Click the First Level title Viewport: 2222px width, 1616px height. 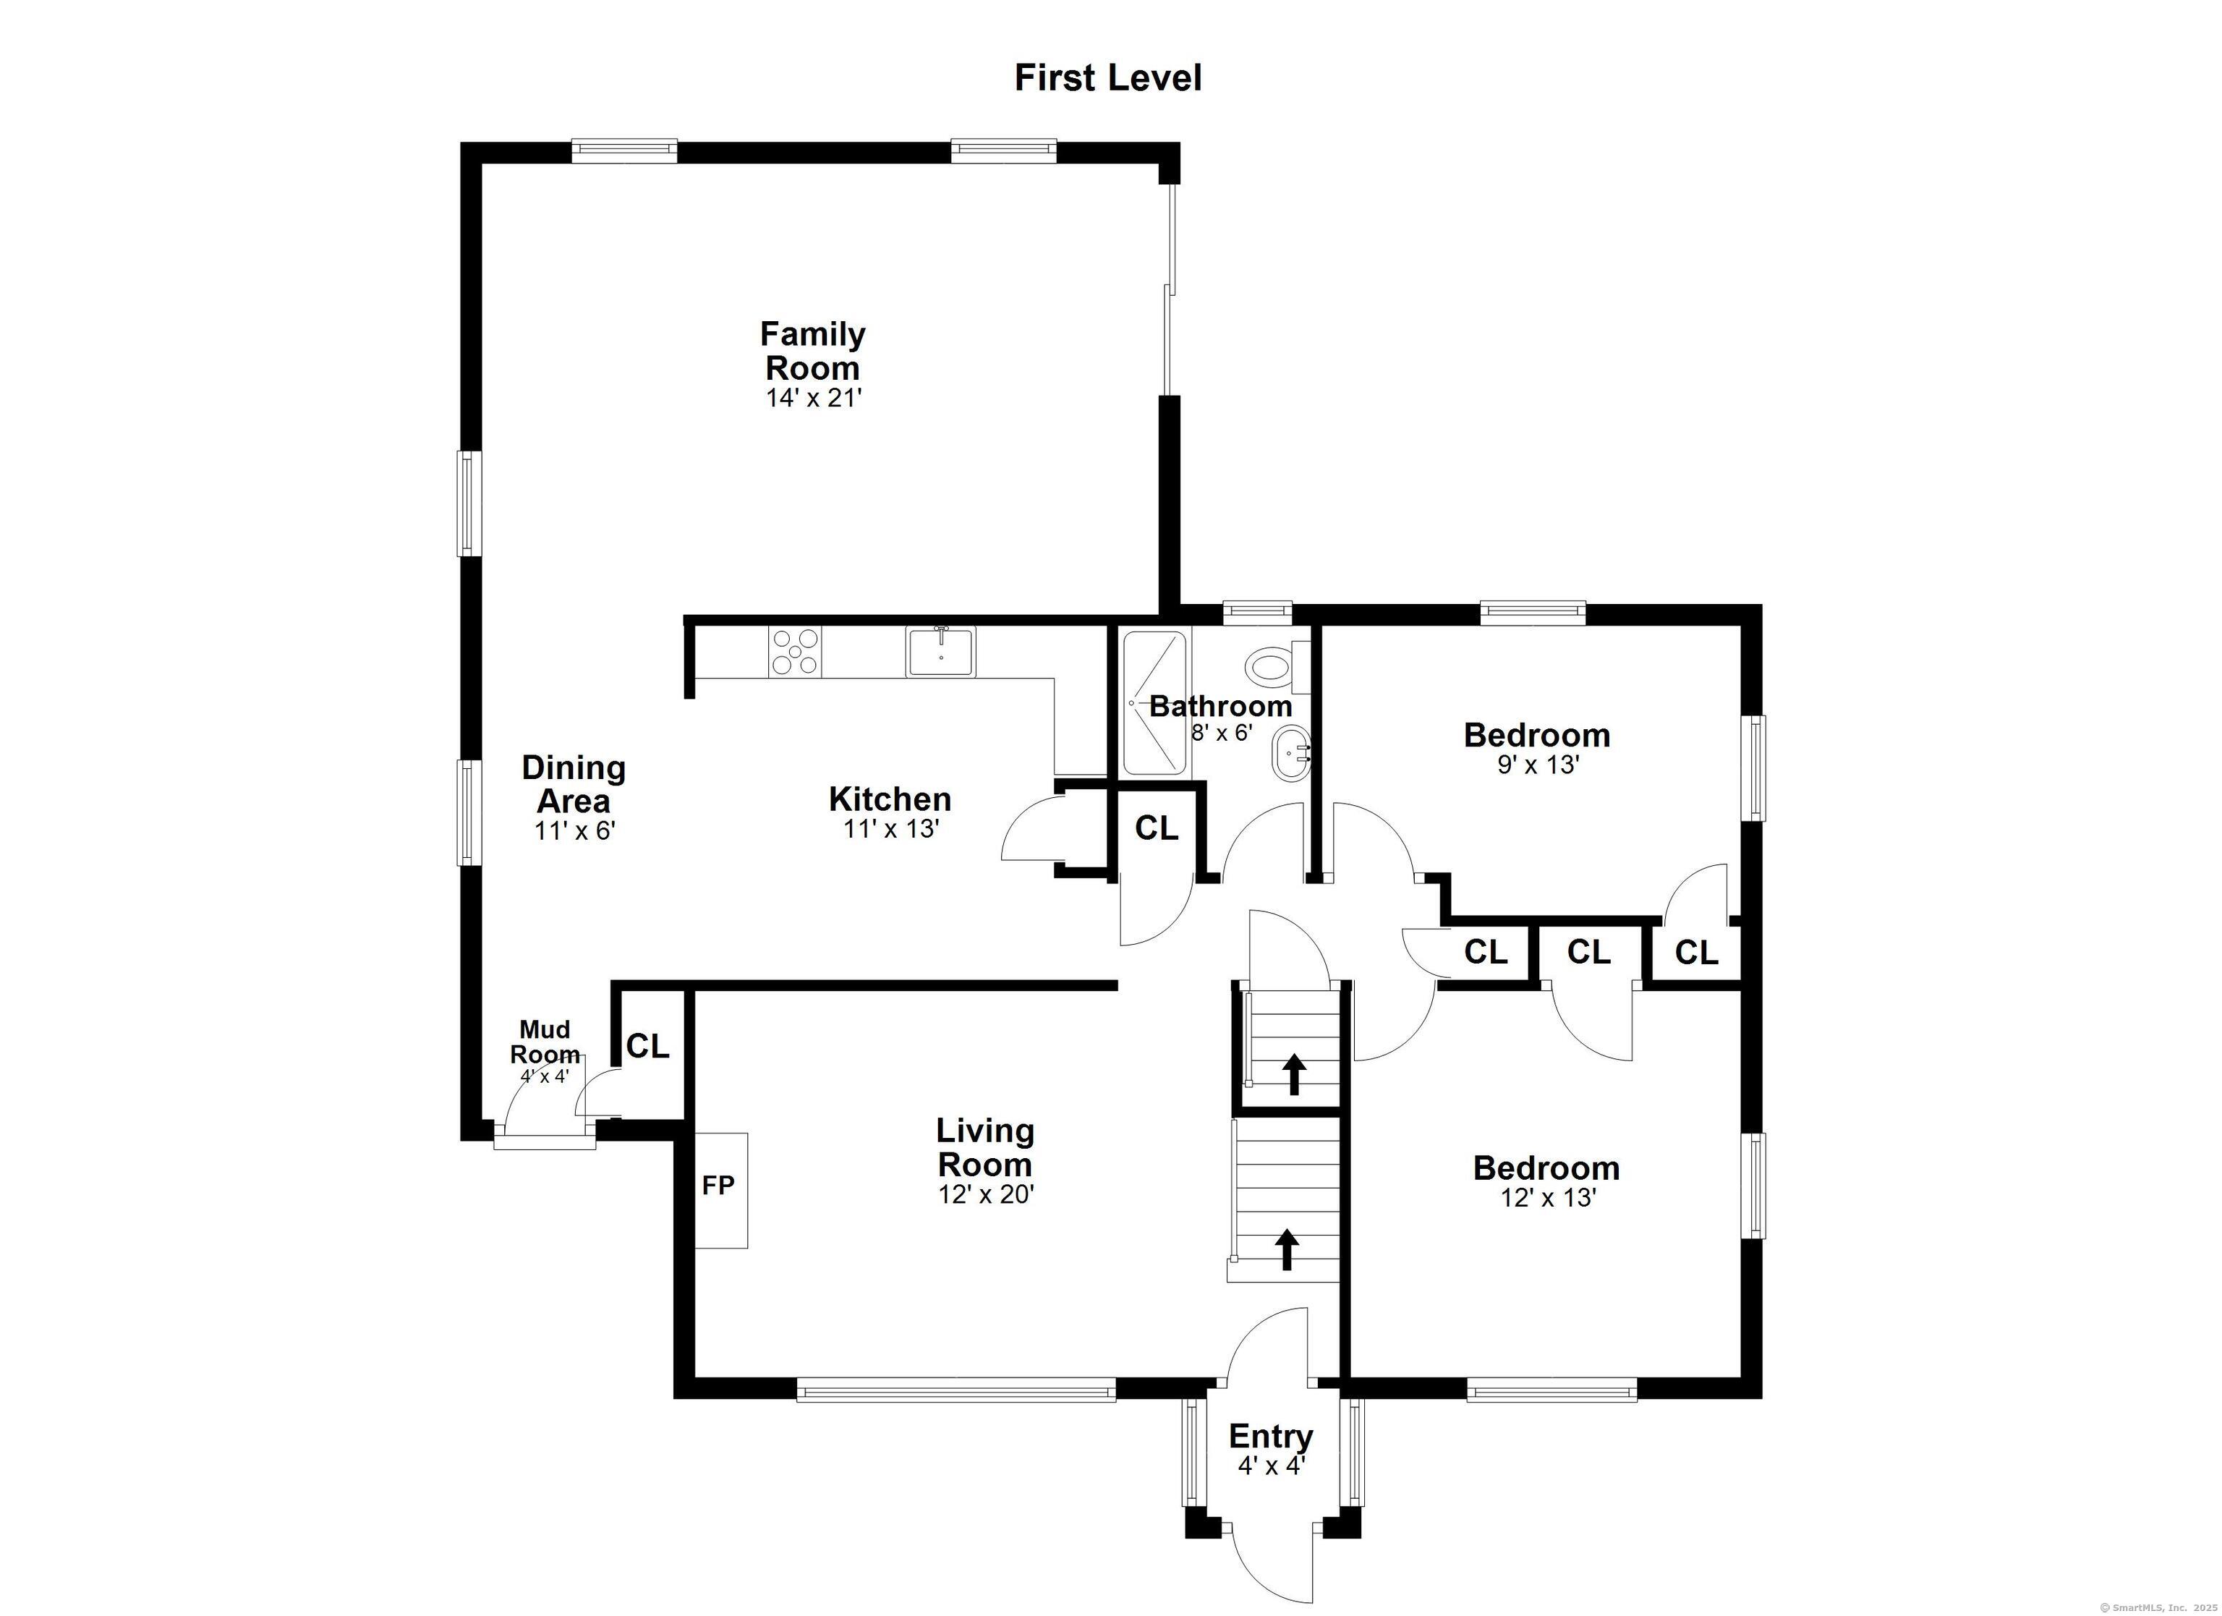(1107, 78)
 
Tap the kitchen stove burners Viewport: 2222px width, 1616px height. (794, 652)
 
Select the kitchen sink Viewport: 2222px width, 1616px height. (940, 652)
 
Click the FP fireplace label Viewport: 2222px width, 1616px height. (718, 1186)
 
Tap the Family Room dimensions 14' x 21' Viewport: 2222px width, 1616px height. (813, 398)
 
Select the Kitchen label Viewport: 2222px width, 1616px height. (890, 799)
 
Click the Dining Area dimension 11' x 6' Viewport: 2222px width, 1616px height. (574, 831)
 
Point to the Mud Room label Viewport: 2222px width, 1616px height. (545, 1042)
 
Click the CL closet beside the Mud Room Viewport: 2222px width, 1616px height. (647, 1047)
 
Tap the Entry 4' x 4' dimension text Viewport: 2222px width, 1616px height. (1271, 1466)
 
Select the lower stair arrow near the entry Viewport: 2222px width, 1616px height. (1286, 1251)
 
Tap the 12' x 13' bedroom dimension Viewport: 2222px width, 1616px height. (1548, 1198)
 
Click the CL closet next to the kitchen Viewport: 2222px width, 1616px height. (1156, 829)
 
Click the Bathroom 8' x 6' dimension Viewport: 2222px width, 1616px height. (1221, 732)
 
